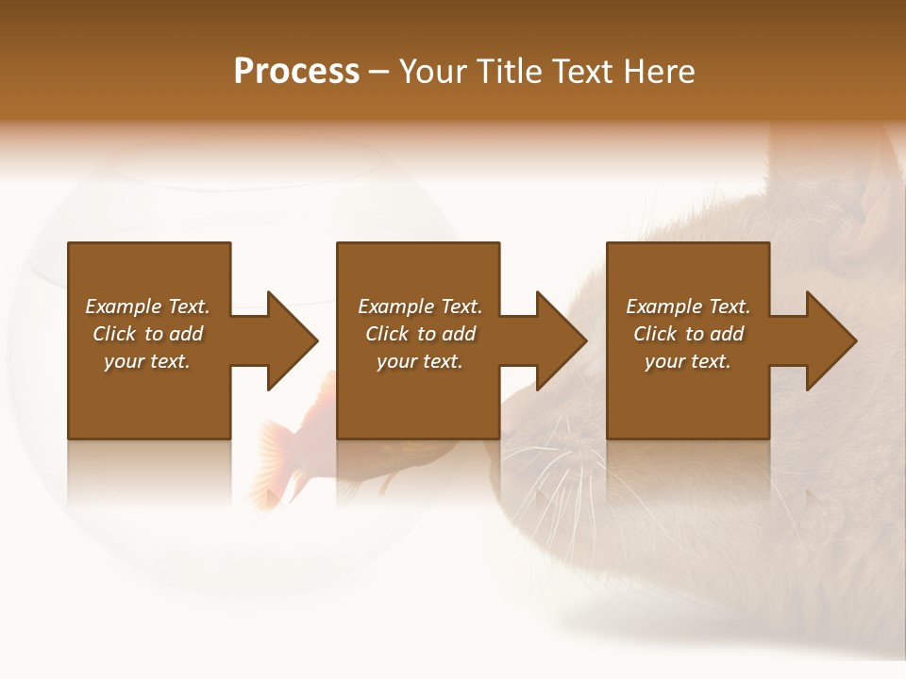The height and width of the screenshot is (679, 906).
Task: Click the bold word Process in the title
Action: tap(296, 72)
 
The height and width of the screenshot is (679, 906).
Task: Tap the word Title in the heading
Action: tap(508, 72)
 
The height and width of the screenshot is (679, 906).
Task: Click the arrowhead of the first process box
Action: tap(293, 340)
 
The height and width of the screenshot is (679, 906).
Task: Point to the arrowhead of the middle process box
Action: tap(562, 340)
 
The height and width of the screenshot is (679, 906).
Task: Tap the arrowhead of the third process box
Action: tap(831, 340)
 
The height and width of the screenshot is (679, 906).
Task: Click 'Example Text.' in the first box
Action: tap(147, 306)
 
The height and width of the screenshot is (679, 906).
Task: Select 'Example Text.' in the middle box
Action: tap(419, 306)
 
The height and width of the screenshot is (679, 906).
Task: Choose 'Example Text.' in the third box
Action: tap(688, 306)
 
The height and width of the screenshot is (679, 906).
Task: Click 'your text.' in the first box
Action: tap(147, 361)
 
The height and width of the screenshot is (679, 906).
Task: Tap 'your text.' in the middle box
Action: tap(419, 361)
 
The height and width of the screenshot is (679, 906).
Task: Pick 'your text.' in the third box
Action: tap(688, 361)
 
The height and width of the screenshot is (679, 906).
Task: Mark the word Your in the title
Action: tap(432, 72)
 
